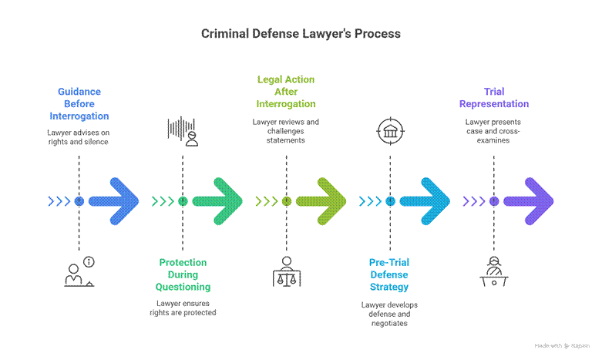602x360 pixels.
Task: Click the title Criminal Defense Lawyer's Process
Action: [x=301, y=34]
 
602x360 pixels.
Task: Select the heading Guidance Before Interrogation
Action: [x=79, y=104]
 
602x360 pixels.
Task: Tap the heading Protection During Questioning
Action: [x=183, y=274]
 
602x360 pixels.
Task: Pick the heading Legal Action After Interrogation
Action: [x=285, y=92]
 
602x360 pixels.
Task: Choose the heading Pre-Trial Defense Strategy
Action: [x=390, y=274]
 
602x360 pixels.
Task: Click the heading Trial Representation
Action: [x=494, y=98]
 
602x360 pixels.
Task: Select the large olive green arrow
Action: [x=321, y=202]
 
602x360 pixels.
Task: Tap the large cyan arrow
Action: [x=425, y=202]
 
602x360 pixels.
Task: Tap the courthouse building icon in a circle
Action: [x=390, y=130]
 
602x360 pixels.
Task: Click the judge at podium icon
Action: [x=494, y=271]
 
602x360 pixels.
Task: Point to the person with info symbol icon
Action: [x=79, y=271]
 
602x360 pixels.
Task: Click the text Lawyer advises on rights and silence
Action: [x=79, y=137]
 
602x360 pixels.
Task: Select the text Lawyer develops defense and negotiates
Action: [x=390, y=314]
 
